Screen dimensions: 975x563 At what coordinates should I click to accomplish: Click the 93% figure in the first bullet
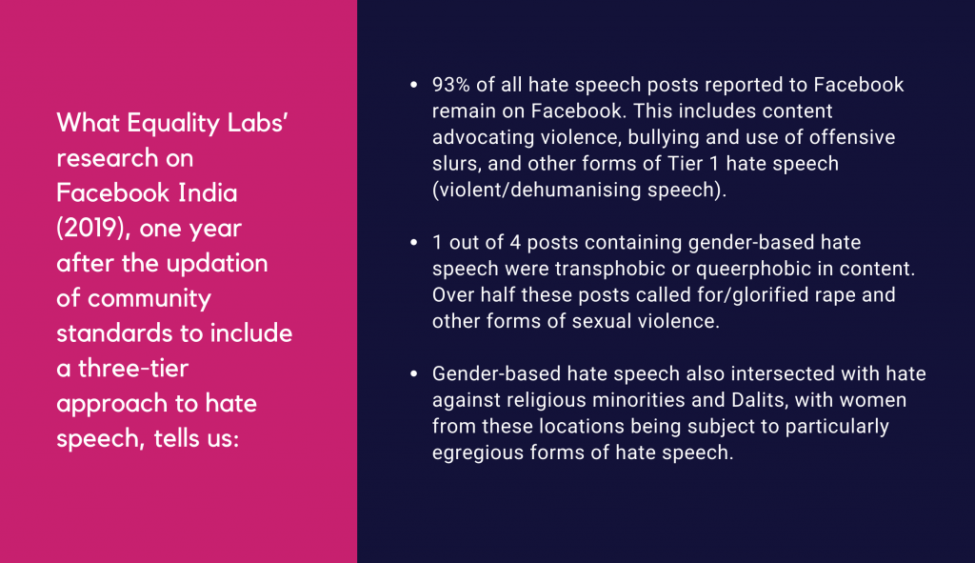pos(450,85)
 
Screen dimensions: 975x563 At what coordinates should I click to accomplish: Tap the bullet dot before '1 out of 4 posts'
pos(414,242)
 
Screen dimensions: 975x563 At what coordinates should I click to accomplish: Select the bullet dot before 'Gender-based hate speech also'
pos(414,373)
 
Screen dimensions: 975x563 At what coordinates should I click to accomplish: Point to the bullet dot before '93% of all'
pos(414,85)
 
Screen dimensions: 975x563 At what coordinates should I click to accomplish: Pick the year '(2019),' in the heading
pos(94,229)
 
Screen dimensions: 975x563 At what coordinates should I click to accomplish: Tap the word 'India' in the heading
pos(208,192)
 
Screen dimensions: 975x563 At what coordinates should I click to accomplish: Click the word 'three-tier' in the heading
pos(133,369)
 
